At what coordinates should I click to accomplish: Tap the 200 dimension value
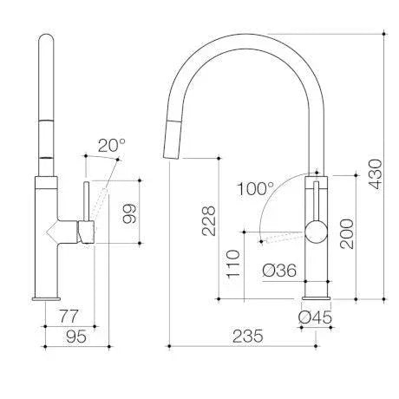(348, 232)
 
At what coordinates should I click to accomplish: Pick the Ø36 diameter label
(279, 271)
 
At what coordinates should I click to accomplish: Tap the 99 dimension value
(128, 212)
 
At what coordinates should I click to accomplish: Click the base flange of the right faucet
(316, 298)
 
